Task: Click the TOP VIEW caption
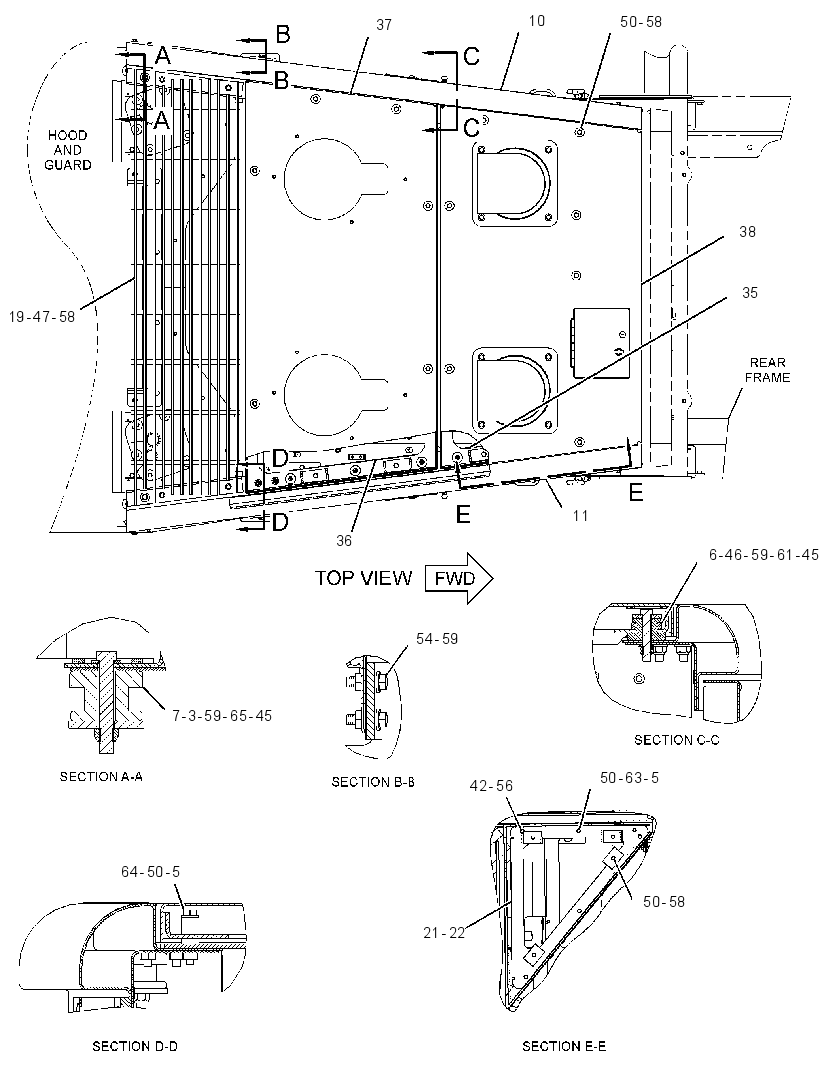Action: (363, 578)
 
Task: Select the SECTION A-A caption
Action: (101, 776)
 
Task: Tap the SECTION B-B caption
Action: (373, 782)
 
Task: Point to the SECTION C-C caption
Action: (676, 740)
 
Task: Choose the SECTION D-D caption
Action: (135, 1046)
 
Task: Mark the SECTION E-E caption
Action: (563, 1046)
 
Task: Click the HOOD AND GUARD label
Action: (67, 150)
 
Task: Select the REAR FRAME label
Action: (767, 370)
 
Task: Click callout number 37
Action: (384, 24)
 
